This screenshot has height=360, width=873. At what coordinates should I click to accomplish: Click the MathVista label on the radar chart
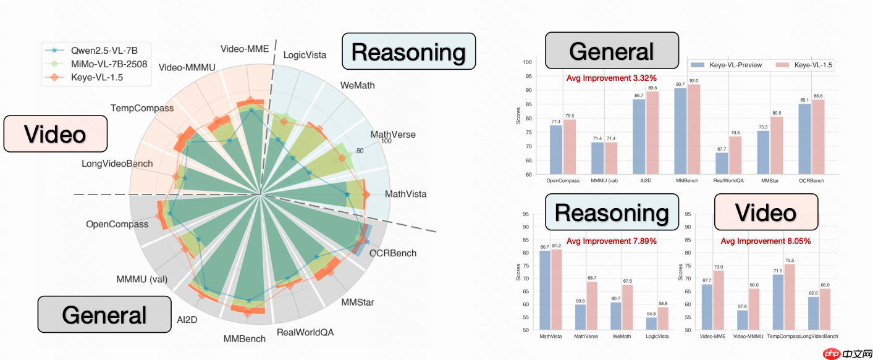(405, 195)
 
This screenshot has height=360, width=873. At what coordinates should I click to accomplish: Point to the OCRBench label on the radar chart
(393, 253)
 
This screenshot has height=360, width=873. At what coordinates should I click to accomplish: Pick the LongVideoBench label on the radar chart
(117, 164)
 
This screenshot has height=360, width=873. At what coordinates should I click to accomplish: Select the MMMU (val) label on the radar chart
(142, 279)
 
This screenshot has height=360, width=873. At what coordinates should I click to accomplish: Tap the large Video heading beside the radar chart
(55, 134)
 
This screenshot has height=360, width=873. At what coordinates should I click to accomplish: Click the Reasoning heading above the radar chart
(408, 52)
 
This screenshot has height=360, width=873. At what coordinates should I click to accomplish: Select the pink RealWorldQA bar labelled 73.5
(735, 155)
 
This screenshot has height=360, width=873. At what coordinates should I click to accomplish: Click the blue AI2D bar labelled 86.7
(639, 136)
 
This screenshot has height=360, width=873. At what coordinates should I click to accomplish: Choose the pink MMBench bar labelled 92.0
(693, 129)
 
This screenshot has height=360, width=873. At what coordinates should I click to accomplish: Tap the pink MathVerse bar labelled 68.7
(592, 306)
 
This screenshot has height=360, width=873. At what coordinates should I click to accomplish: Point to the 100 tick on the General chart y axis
(527, 62)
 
